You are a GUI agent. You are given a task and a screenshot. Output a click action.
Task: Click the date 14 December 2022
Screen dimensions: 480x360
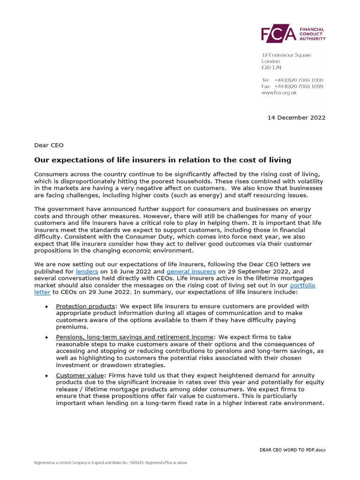pyautogui.click(x=296, y=118)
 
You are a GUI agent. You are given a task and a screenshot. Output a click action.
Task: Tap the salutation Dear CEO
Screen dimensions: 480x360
pyautogui.click(x=49, y=145)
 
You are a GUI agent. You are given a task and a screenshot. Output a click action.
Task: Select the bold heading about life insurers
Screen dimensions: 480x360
pyautogui.click(x=163, y=160)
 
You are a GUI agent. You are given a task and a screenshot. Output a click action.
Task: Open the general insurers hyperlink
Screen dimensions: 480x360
pyautogui.click(x=191, y=271)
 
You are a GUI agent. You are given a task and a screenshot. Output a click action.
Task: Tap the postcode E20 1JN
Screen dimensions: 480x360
pyautogui.click(x=271, y=68)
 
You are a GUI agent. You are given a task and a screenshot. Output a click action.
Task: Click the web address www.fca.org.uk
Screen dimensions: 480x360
pyautogui.click(x=279, y=93)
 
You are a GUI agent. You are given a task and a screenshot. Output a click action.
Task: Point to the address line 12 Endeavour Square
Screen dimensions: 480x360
pyautogui.click(x=286, y=55)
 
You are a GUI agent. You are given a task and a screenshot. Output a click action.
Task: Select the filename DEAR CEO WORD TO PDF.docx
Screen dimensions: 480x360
pyautogui.click(x=292, y=450)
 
